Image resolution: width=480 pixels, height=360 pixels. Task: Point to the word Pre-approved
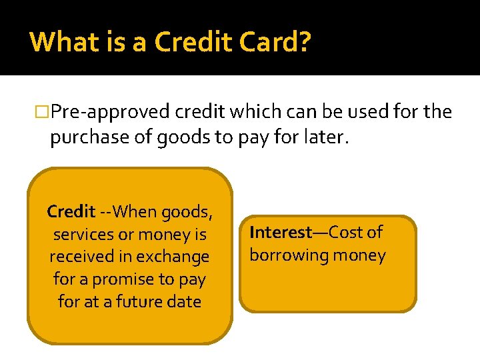[x=110, y=112]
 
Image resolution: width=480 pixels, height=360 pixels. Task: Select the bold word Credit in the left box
[x=71, y=212]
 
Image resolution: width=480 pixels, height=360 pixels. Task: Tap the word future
[x=142, y=301]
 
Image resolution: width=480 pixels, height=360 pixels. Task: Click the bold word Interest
[x=281, y=233]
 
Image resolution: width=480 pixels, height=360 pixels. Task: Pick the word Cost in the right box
[x=345, y=233]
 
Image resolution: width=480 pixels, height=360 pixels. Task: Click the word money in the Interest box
[x=361, y=255]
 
